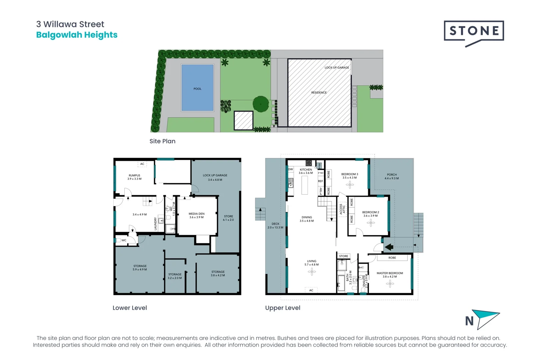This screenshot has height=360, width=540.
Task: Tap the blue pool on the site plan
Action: [197, 88]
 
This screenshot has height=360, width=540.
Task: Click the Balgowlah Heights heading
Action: [77, 35]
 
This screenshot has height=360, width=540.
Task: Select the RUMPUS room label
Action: [134, 175]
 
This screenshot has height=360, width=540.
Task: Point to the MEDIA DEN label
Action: [196, 214]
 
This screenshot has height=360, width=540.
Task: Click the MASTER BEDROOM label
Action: [390, 273]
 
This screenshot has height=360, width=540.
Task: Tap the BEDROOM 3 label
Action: [349, 174]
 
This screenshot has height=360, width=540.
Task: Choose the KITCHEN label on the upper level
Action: [306, 169]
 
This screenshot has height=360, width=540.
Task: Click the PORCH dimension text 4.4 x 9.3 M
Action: [392, 178]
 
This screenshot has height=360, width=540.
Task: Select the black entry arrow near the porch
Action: [389, 247]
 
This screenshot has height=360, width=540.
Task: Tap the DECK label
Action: [275, 224]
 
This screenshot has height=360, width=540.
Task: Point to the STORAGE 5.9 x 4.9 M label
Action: [140, 268]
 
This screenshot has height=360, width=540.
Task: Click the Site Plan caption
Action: [162, 141]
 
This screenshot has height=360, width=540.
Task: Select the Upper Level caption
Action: [283, 308]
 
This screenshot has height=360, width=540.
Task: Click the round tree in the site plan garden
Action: [261, 104]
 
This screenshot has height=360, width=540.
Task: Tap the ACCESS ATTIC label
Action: [342, 209]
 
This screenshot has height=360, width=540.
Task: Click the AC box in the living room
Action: [311, 290]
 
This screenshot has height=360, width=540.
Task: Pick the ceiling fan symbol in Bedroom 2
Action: [371, 223]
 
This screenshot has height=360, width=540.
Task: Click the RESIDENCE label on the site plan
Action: [319, 92]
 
